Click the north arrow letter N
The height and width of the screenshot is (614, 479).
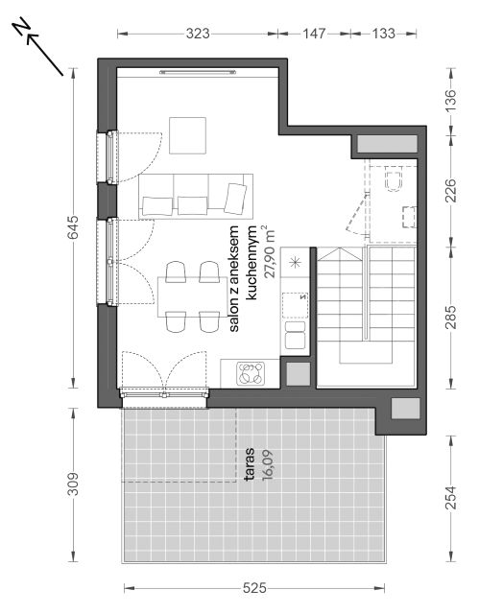(x=21, y=26)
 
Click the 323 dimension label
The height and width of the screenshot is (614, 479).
(x=198, y=34)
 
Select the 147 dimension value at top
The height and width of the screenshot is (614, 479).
(x=314, y=34)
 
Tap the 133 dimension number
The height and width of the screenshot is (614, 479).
(x=383, y=34)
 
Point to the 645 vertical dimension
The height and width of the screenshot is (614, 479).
(x=73, y=227)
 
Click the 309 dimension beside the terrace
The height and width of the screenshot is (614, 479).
(x=73, y=484)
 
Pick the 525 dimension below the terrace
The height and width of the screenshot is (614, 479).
(x=254, y=588)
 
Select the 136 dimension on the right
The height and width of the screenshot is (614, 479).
(x=451, y=101)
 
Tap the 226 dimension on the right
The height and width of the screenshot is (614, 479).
(x=451, y=190)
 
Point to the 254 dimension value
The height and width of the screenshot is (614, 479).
(x=451, y=497)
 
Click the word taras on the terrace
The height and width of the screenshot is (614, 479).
(x=251, y=464)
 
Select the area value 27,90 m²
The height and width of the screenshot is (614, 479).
(x=270, y=252)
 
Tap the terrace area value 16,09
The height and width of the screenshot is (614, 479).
(x=268, y=464)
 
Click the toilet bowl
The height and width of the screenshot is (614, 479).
(x=394, y=179)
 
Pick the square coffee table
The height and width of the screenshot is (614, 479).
(x=187, y=135)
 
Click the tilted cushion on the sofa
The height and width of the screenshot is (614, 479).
(x=235, y=199)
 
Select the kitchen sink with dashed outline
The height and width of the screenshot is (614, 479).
(x=296, y=305)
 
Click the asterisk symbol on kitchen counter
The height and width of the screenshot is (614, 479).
(x=296, y=262)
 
